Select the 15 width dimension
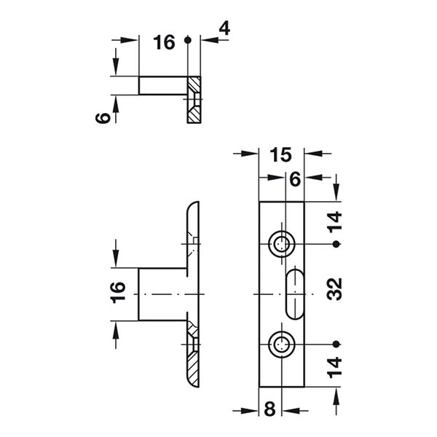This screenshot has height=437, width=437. [281, 154]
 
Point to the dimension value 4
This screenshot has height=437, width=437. [224, 29]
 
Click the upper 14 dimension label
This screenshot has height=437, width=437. [336, 221]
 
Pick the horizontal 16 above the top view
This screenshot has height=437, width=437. [165, 43]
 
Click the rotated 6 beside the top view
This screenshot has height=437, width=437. [105, 117]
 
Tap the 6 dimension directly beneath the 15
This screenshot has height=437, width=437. [294, 179]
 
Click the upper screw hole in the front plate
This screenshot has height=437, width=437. [281, 245]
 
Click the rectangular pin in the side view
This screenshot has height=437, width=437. [162, 294]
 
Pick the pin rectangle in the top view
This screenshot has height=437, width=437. [162, 84]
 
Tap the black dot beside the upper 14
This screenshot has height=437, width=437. [336, 245]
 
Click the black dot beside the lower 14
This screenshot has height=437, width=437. [336, 343]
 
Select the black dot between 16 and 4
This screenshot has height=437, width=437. [189, 42]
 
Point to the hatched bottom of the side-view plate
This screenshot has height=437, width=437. [192, 357]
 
